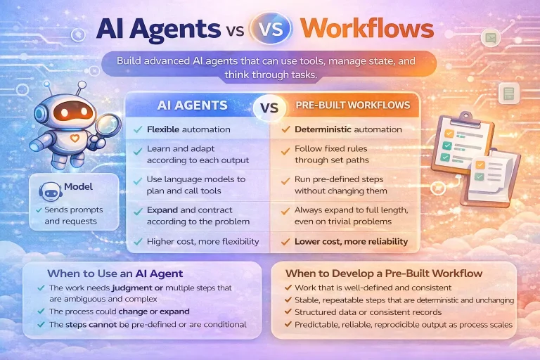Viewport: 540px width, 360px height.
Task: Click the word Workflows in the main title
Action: [366, 28]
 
